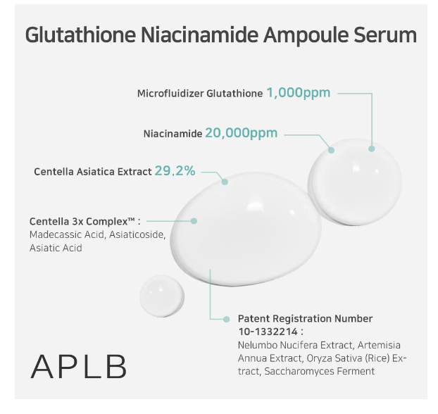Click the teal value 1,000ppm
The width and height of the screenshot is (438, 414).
pyautogui.click(x=299, y=93)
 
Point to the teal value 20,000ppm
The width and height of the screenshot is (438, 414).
pyautogui.click(x=242, y=133)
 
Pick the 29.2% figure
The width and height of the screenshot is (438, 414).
pyautogui.click(x=175, y=171)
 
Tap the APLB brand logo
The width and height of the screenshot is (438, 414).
pyautogui.click(x=78, y=366)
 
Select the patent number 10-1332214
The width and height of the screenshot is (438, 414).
pyautogui.click(x=268, y=332)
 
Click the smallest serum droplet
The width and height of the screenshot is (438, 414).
pyautogui.click(x=162, y=296)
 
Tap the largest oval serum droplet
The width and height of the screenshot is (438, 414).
pyautogui.click(x=246, y=230)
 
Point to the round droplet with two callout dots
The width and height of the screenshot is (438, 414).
pyautogui.click(x=354, y=182)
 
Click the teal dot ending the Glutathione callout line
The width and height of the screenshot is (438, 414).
pyautogui.click(x=372, y=149)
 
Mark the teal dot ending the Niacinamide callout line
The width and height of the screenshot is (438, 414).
pyautogui.click(x=331, y=150)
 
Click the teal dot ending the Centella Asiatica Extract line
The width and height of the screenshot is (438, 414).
pyautogui.click(x=225, y=182)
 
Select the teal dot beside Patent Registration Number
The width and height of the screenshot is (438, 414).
pyautogui.click(x=227, y=319)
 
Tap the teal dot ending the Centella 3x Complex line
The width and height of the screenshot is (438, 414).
pyautogui.click(x=194, y=221)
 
